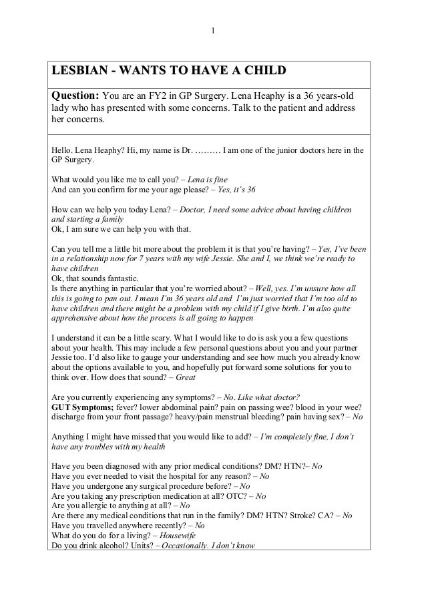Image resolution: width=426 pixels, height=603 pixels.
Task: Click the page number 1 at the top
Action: (x=213, y=29)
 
